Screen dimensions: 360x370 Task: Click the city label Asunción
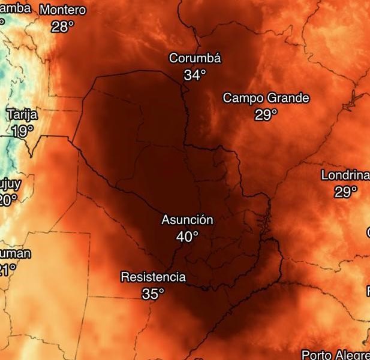(x=187, y=220)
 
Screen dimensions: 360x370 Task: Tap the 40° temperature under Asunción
(x=186, y=237)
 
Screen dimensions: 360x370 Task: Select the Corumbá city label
(x=195, y=59)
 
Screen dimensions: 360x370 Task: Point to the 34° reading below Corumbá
(x=194, y=75)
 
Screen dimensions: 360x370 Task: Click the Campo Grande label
(x=266, y=98)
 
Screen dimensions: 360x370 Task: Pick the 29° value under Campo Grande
(x=266, y=114)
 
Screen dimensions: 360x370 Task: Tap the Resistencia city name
(x=153, y=277)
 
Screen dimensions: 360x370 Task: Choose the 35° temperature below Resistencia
(x=152, y=294)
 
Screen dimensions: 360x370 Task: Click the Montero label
(x=62, y=10)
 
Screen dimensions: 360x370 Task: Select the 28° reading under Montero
(x=62, y=26)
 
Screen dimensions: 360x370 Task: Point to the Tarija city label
(x=22, y=114)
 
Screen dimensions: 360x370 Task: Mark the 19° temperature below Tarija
(x=22, y=131)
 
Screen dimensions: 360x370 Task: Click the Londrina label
(x=345, y=176)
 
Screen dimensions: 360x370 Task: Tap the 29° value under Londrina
(x=345, y=192)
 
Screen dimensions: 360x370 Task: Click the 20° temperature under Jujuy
(x=8, y=199)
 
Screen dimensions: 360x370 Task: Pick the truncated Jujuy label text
(x=9, y=183)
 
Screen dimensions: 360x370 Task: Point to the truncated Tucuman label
(x=14, y=253)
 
